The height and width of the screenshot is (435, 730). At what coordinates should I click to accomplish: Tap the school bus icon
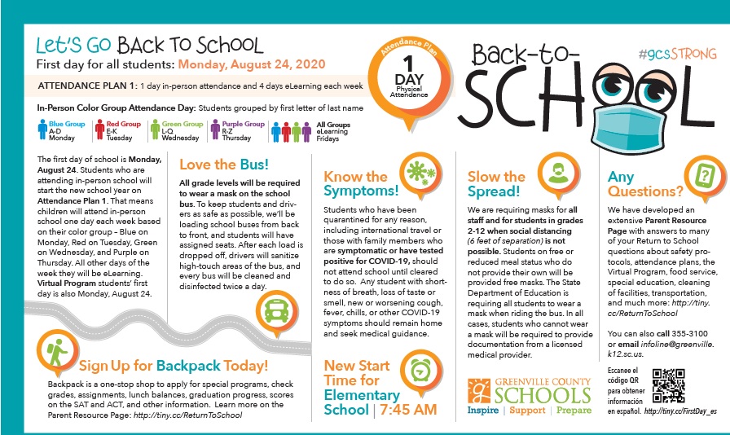[x=273, y=309]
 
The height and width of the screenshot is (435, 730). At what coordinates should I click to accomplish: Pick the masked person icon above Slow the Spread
[x=557, y=172]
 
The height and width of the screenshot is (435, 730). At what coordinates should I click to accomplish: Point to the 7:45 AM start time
[x=408, y=409]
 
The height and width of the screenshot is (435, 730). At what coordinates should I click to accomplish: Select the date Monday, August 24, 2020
[x=252, y=64]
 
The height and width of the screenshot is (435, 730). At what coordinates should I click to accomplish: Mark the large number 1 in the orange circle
[x=411, y=63]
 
